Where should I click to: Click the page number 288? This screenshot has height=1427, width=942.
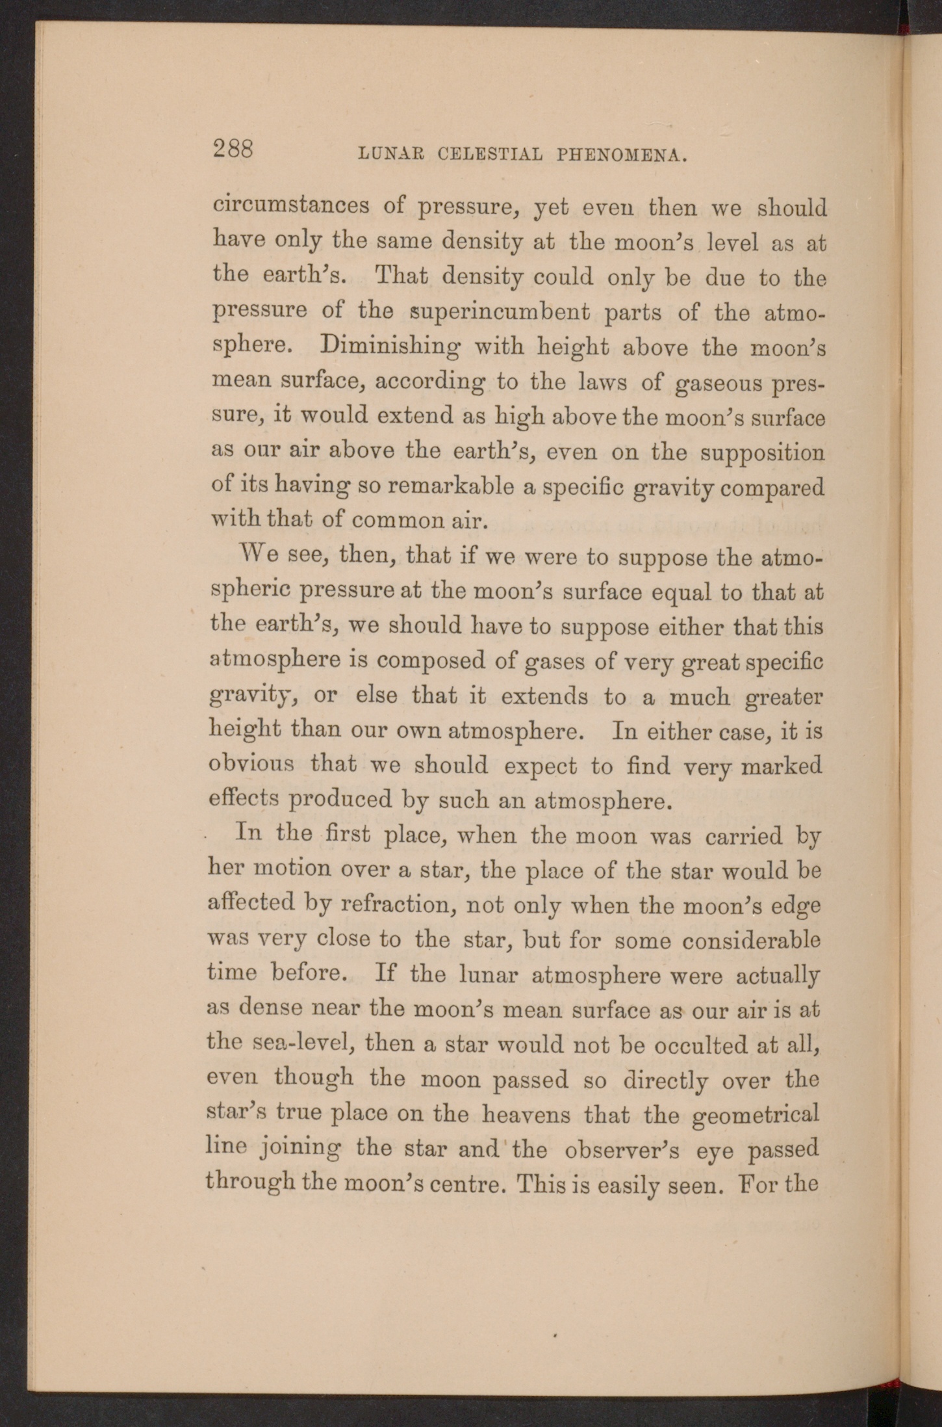tap(233, 149)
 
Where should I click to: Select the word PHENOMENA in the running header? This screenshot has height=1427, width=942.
tap(622, 155)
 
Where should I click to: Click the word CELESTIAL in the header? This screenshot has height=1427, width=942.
tap(490, 155)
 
